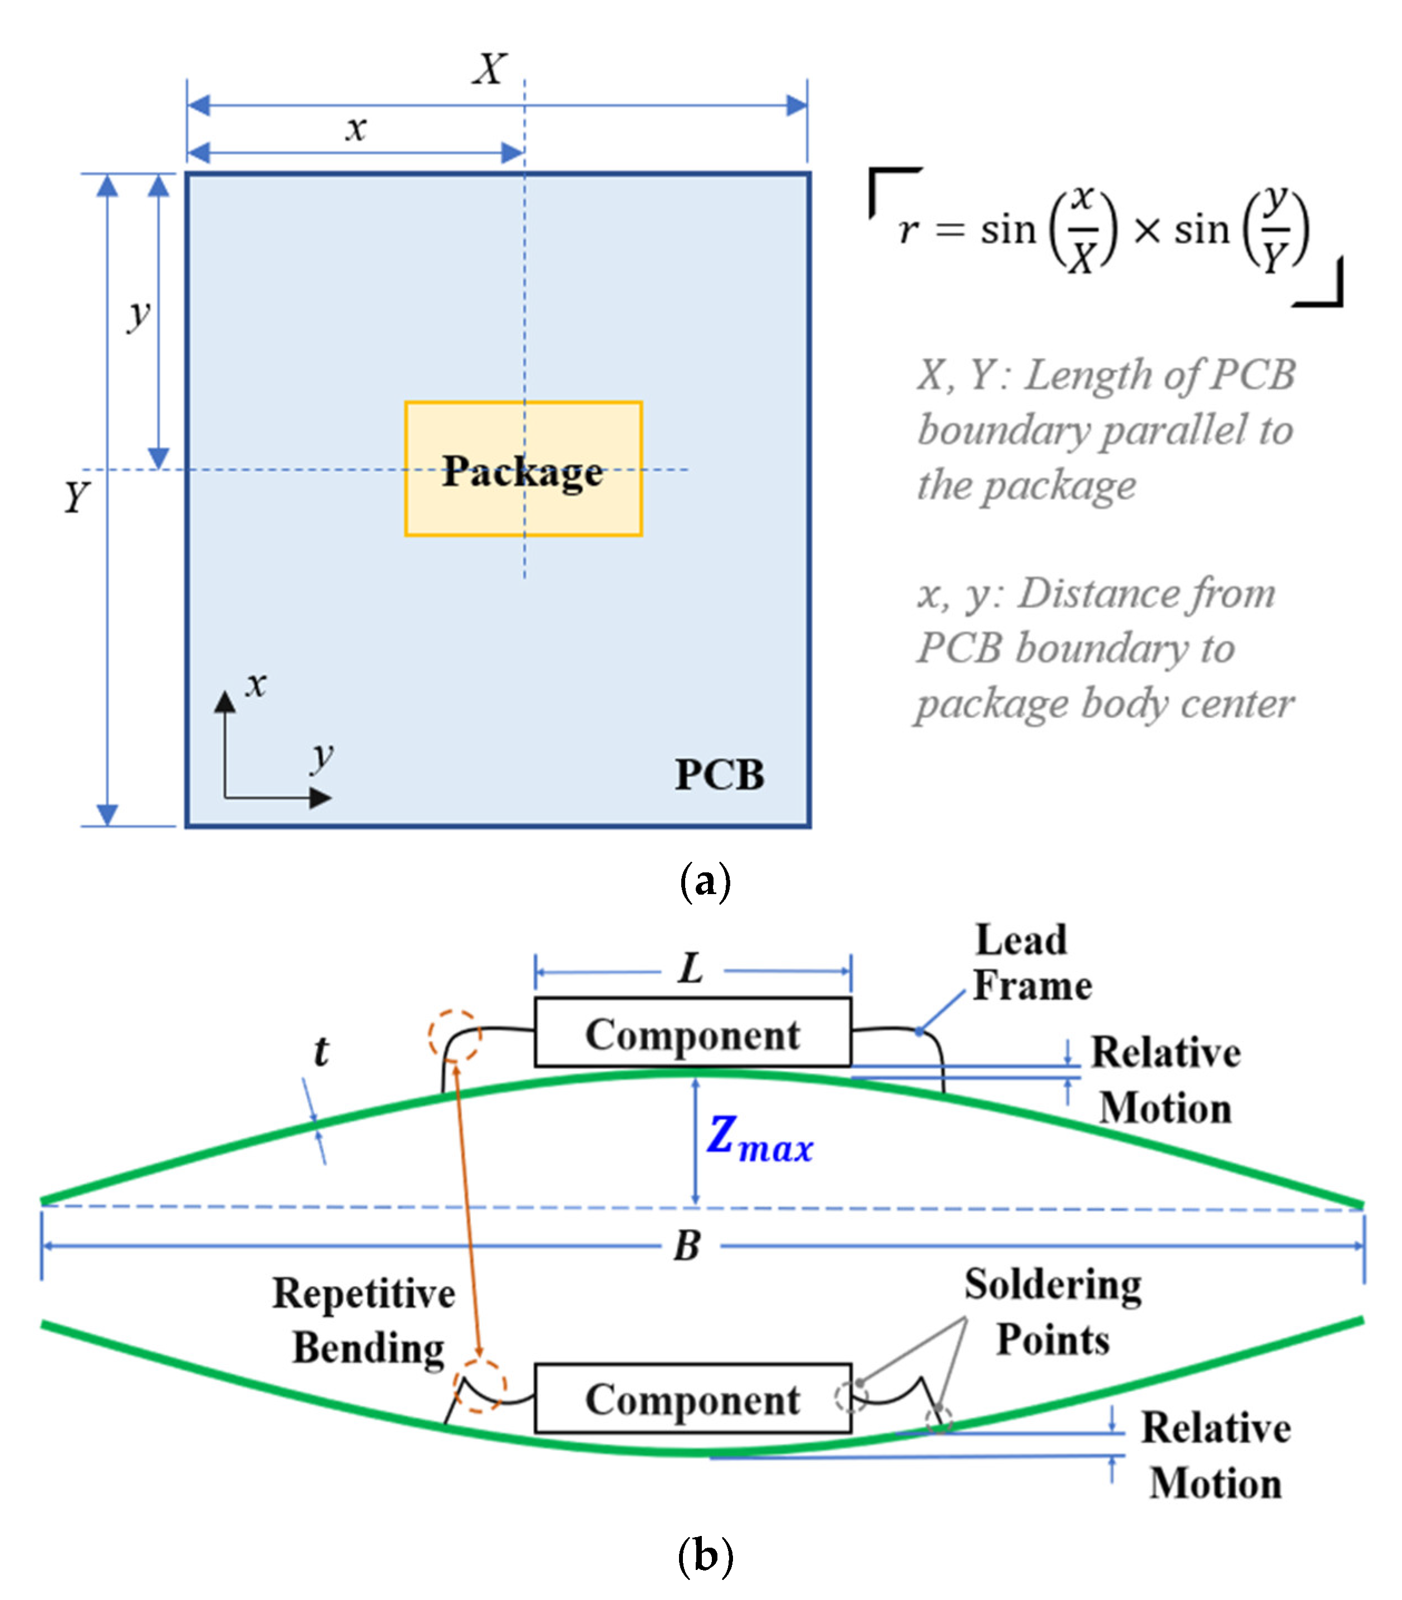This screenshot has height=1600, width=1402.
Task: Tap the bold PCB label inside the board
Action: pyautogui.click(x=719, y=774)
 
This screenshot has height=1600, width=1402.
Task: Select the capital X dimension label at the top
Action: pyautogui.click(x=490, y=69)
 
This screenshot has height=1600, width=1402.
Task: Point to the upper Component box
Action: pyautogui.click(x=692, y=1032)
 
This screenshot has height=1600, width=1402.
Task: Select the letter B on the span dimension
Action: pyautogui.click(x=687, y=1245)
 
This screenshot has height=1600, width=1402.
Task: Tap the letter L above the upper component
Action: pyautogui.click(x=691, y=969)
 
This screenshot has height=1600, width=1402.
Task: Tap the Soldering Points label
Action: pyautogui.click(x=1052, y=1311)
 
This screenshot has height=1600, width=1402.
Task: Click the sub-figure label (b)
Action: pyautogui.click(x=705, y=1554)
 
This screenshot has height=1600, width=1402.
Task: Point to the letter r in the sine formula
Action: pyautogui.click(x=908, y=230)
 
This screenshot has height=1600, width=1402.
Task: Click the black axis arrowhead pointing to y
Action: pyautogui.click(x=321, y=798)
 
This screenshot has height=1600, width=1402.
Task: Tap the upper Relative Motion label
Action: pyautogui.click(x=1165, y=1079)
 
